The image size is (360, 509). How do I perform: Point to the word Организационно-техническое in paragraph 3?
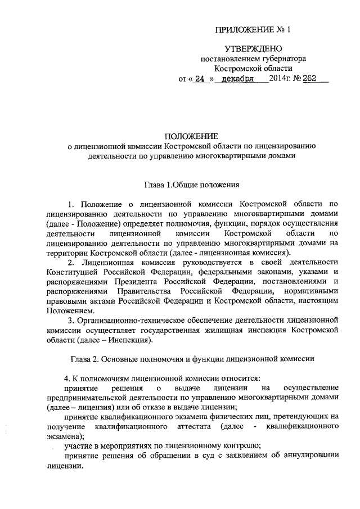coord(126,319)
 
